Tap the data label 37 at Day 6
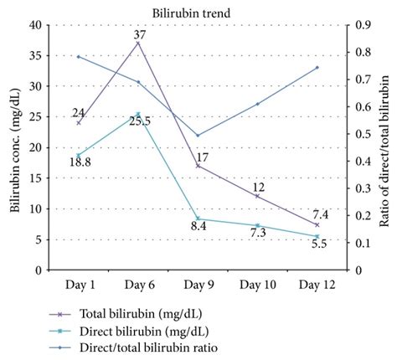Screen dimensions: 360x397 (139, 34)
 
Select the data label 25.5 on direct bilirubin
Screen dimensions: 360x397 (140, 122)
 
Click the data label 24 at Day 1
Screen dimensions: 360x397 (78, 113)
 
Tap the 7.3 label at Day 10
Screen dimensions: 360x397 (258, 233)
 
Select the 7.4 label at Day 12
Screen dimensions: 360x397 (321, 214)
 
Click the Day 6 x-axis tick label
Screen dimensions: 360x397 (138, 285)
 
